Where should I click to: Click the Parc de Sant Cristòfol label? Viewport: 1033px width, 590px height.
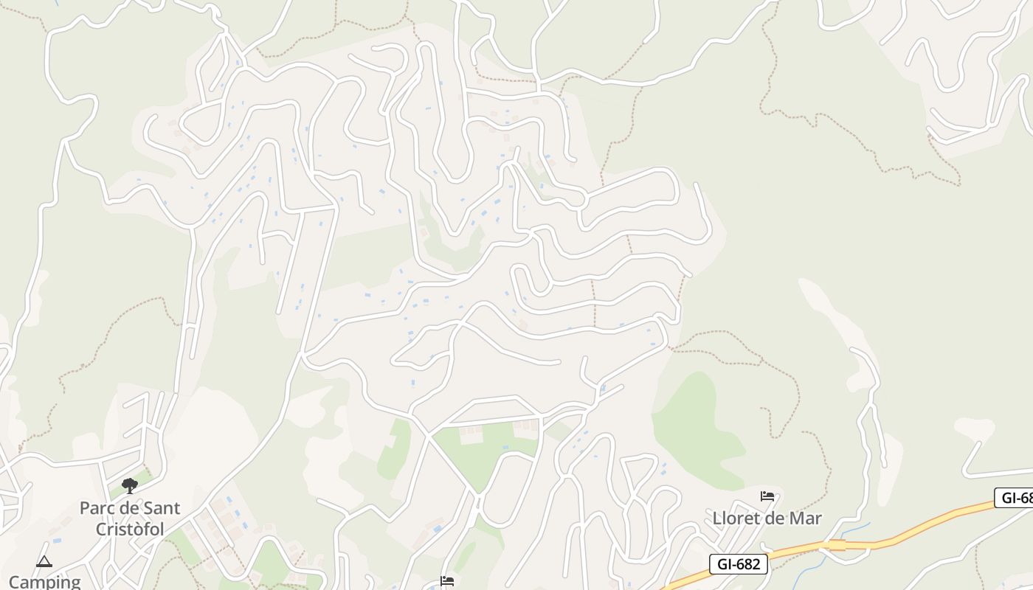130,518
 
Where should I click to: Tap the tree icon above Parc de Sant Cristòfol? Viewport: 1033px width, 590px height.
130,485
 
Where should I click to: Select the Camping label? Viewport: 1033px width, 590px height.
44,582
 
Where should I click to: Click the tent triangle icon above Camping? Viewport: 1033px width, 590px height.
44,562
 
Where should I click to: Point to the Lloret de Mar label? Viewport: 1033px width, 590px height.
767,518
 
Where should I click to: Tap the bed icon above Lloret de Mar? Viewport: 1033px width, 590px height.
767,496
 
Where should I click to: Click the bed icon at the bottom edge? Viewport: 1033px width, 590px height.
446,581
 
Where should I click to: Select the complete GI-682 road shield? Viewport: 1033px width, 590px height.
739,564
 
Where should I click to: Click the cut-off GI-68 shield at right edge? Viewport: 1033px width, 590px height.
1014,498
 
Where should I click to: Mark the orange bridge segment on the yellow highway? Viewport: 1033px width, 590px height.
837,545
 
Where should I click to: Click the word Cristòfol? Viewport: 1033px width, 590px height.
130,529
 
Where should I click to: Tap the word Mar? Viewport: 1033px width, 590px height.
806,518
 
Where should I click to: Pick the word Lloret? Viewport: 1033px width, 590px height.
739,518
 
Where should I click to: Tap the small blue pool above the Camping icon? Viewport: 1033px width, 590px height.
57,541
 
